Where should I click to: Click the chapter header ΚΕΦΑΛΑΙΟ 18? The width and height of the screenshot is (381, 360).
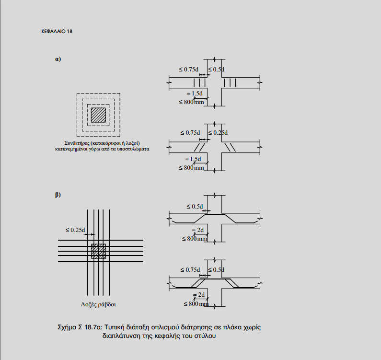(x=57, y=31)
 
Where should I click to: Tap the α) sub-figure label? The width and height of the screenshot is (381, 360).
(x=58, y=59)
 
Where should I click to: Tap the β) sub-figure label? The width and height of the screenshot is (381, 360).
(x=58, y=195)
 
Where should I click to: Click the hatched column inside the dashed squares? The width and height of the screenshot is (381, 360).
(x=98, y=115)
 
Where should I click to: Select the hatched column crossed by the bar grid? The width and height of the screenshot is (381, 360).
(x=98, y=251)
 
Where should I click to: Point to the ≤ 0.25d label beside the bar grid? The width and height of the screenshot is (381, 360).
(x=75, y=230)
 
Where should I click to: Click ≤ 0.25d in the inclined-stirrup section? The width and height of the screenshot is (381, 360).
(x=218, y=133)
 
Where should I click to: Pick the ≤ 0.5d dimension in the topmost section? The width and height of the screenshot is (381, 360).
(x=216, y=70)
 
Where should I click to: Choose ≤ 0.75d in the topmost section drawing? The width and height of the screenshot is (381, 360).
(x=188, y=70)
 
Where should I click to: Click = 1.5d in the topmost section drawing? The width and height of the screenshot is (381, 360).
(x=195, y=93)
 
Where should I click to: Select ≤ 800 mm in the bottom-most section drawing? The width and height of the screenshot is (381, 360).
(x=196, y=304)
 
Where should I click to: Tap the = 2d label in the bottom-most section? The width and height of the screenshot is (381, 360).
(x=199, y=295)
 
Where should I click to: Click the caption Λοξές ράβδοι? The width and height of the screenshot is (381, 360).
(x=98, y=304)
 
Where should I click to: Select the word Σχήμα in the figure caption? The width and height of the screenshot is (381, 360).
(x=67, y=327)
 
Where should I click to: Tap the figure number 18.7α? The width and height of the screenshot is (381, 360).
(x=93, y=327)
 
